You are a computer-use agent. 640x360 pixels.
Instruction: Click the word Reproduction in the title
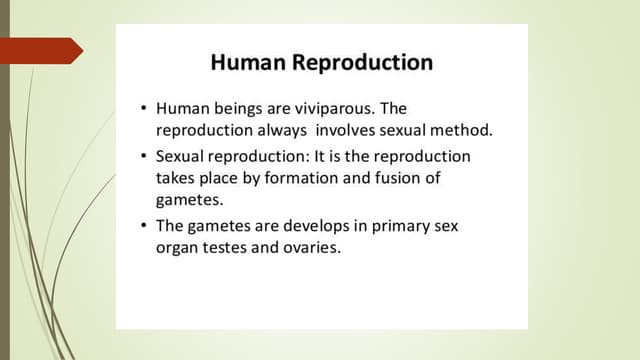click(x=362, y=63)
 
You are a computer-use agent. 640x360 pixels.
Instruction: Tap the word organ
click(x=177, y=249)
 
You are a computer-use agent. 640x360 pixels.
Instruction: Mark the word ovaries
click(x=312, y=249)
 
